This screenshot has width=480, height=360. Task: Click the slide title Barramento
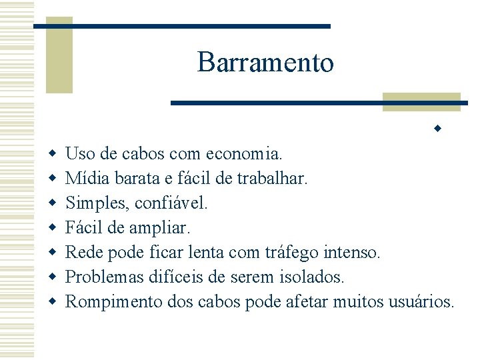(x=265, y=63)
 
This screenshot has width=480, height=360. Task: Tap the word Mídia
(x=83, y=178)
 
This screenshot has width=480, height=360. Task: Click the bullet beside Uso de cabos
(x=51, y=154)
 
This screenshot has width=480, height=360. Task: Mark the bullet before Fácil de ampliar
(x=51, y=227)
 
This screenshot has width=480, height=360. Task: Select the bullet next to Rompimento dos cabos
(x=51, y=301)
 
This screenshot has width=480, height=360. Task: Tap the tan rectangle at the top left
(x=59, y=57)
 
